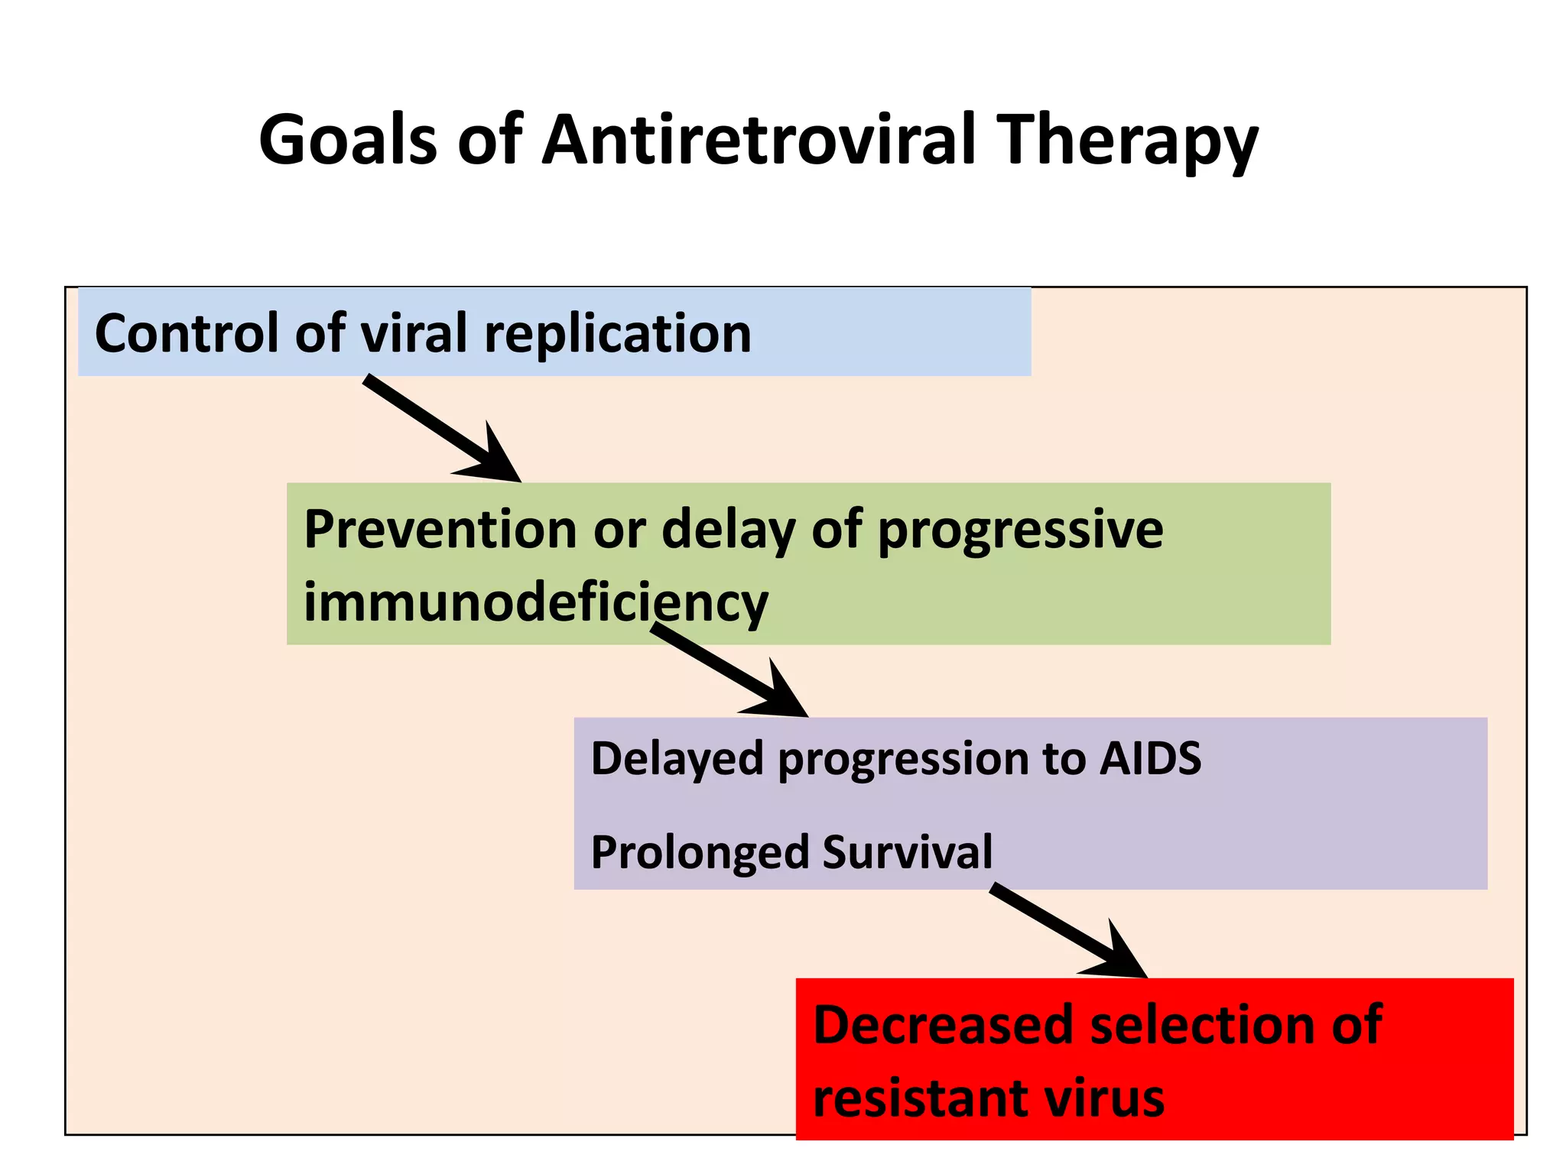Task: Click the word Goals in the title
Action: pyautogui.click(x=348, y=140)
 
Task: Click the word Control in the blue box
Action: pyautogui.click(x=187, y=333)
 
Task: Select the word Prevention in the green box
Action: pyautogui.click(x=440, y=529)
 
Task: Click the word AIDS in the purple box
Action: pyautogui.click(x=1150, y=758)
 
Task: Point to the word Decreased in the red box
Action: pyautogui.click(x=944, y=1025)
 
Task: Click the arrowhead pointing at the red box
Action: pyautogui.click(x=1120, y=958)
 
